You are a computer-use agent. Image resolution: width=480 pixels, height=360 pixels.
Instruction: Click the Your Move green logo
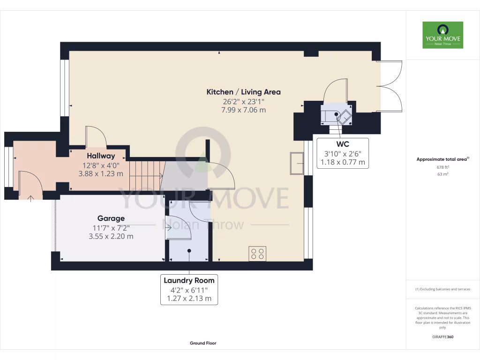[x=442, y=35]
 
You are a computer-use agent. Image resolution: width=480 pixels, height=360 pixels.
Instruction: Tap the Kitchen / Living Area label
[x=243, y=92]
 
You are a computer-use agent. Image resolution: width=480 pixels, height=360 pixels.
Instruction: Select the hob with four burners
[x=257, y=254]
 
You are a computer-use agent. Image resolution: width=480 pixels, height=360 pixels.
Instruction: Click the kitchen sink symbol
[x=297, y=163]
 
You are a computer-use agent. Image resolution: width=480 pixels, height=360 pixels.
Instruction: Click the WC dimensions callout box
[x=342, y=153]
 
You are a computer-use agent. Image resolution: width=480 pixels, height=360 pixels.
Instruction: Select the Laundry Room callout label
[x=189, y=280]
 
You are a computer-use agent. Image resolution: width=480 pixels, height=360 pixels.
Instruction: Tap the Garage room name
[x=111, y=218]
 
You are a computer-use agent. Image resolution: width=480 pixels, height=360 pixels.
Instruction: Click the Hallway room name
[x=101, y=156]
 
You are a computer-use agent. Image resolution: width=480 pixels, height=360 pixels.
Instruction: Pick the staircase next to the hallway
[x=146, y=175]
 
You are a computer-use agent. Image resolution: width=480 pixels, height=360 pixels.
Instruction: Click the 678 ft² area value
[x=442, y=167]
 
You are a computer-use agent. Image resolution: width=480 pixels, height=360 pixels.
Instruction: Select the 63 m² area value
[x=442, y=174]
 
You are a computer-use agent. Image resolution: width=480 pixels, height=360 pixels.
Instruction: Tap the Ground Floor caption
[x=203, y=343]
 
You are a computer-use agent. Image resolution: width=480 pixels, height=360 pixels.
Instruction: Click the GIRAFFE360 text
[x=442, y=337]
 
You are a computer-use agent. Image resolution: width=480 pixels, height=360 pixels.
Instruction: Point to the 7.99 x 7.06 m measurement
[x=243, y=110]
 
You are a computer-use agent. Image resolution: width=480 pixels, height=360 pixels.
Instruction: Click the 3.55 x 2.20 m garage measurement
[x=111, y=236]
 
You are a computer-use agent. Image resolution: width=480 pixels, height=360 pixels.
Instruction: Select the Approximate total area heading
[x=442, y=159]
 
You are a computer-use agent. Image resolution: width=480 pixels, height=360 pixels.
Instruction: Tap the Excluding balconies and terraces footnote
[x=442, y=289]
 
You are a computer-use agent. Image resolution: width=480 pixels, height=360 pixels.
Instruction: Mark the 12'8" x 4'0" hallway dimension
[x=101, y=165]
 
